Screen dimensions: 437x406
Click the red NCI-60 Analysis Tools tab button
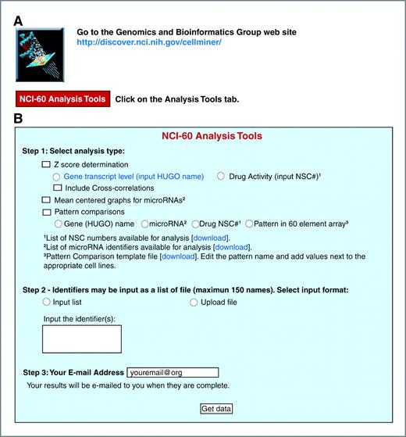(62, 99)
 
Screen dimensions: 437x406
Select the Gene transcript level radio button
(57, 177)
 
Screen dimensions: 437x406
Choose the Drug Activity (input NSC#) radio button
(220, 177)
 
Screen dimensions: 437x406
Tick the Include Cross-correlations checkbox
(57, 188)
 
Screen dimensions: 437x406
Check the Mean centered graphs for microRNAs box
(46, 200)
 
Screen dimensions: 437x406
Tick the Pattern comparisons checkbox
(46, 212)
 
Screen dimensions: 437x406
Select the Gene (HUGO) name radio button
(57, 224)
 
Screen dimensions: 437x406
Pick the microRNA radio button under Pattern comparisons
(134, 224)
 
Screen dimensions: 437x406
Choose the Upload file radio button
(194, 303)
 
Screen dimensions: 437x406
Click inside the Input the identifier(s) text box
(82, 339)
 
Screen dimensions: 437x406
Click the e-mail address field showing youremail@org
(187, 372)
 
